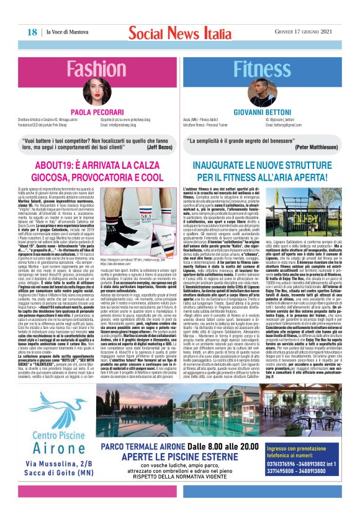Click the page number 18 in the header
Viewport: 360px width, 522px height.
tap(31, 32)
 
